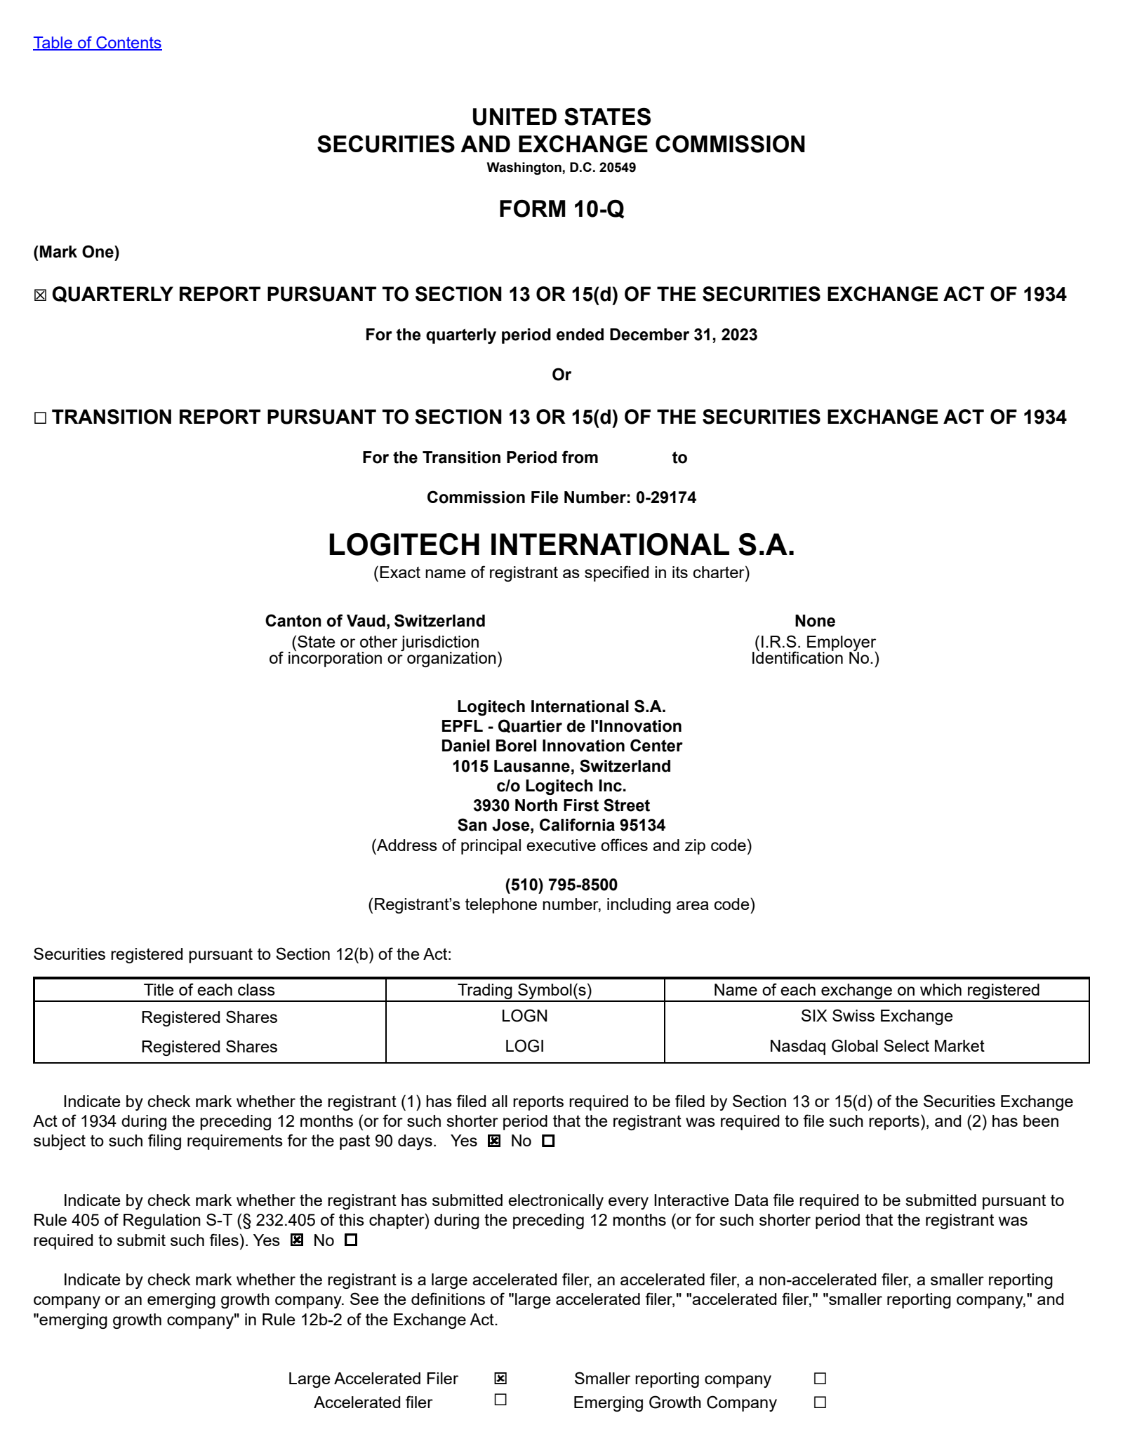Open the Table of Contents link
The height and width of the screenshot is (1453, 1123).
pos(97,43)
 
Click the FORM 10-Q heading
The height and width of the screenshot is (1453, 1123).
pos(561,209)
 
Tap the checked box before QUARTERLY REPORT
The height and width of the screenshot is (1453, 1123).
pos(40,295)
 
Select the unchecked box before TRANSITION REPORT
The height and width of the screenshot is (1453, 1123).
pos(40,418)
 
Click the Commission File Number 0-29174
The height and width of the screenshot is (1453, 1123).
pos(665,497)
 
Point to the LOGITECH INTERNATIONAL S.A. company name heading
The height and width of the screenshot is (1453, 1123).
pos(561,545)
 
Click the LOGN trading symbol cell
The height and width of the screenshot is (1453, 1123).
pos(524,1016)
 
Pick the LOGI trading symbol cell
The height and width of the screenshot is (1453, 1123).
pos(524,1046)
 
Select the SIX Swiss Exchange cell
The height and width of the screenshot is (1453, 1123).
pos(876,1016)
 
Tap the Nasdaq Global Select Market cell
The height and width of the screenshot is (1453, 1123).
pos(876,1046)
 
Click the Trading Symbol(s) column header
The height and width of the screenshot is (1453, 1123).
pos(524,990)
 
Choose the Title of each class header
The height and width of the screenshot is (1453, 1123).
pos(209,990)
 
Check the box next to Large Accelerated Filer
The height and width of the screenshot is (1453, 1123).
pos(500,1379)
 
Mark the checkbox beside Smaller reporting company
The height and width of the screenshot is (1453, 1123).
pos(819,1379)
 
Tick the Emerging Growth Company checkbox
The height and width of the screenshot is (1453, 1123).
pos(819,1402)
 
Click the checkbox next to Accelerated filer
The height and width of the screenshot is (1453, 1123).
pos(500,1400)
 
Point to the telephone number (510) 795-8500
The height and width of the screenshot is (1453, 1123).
pos(561,885)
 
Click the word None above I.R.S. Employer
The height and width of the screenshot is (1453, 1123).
pos(814,621)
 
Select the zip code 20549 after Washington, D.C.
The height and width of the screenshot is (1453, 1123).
pos(619,168)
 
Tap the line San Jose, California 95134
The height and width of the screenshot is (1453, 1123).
pos(561,825)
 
